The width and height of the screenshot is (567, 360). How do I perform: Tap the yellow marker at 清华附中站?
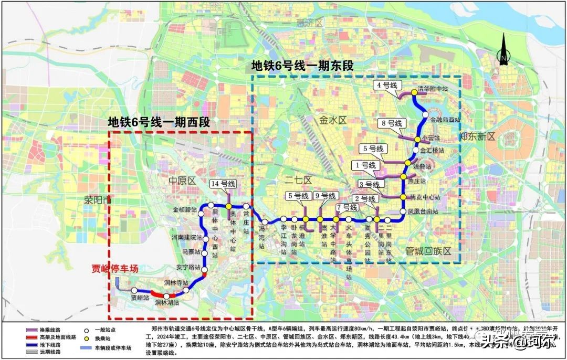click(x=414, y=92)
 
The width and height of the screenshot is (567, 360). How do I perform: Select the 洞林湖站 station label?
click(x=167, y=303)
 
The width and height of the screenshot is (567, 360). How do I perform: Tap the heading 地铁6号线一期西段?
click(x=159, y=122)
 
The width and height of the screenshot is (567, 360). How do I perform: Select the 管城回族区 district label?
click(x=428, y=251)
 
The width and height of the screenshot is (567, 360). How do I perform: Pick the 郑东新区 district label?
click(x=477, y=136)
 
